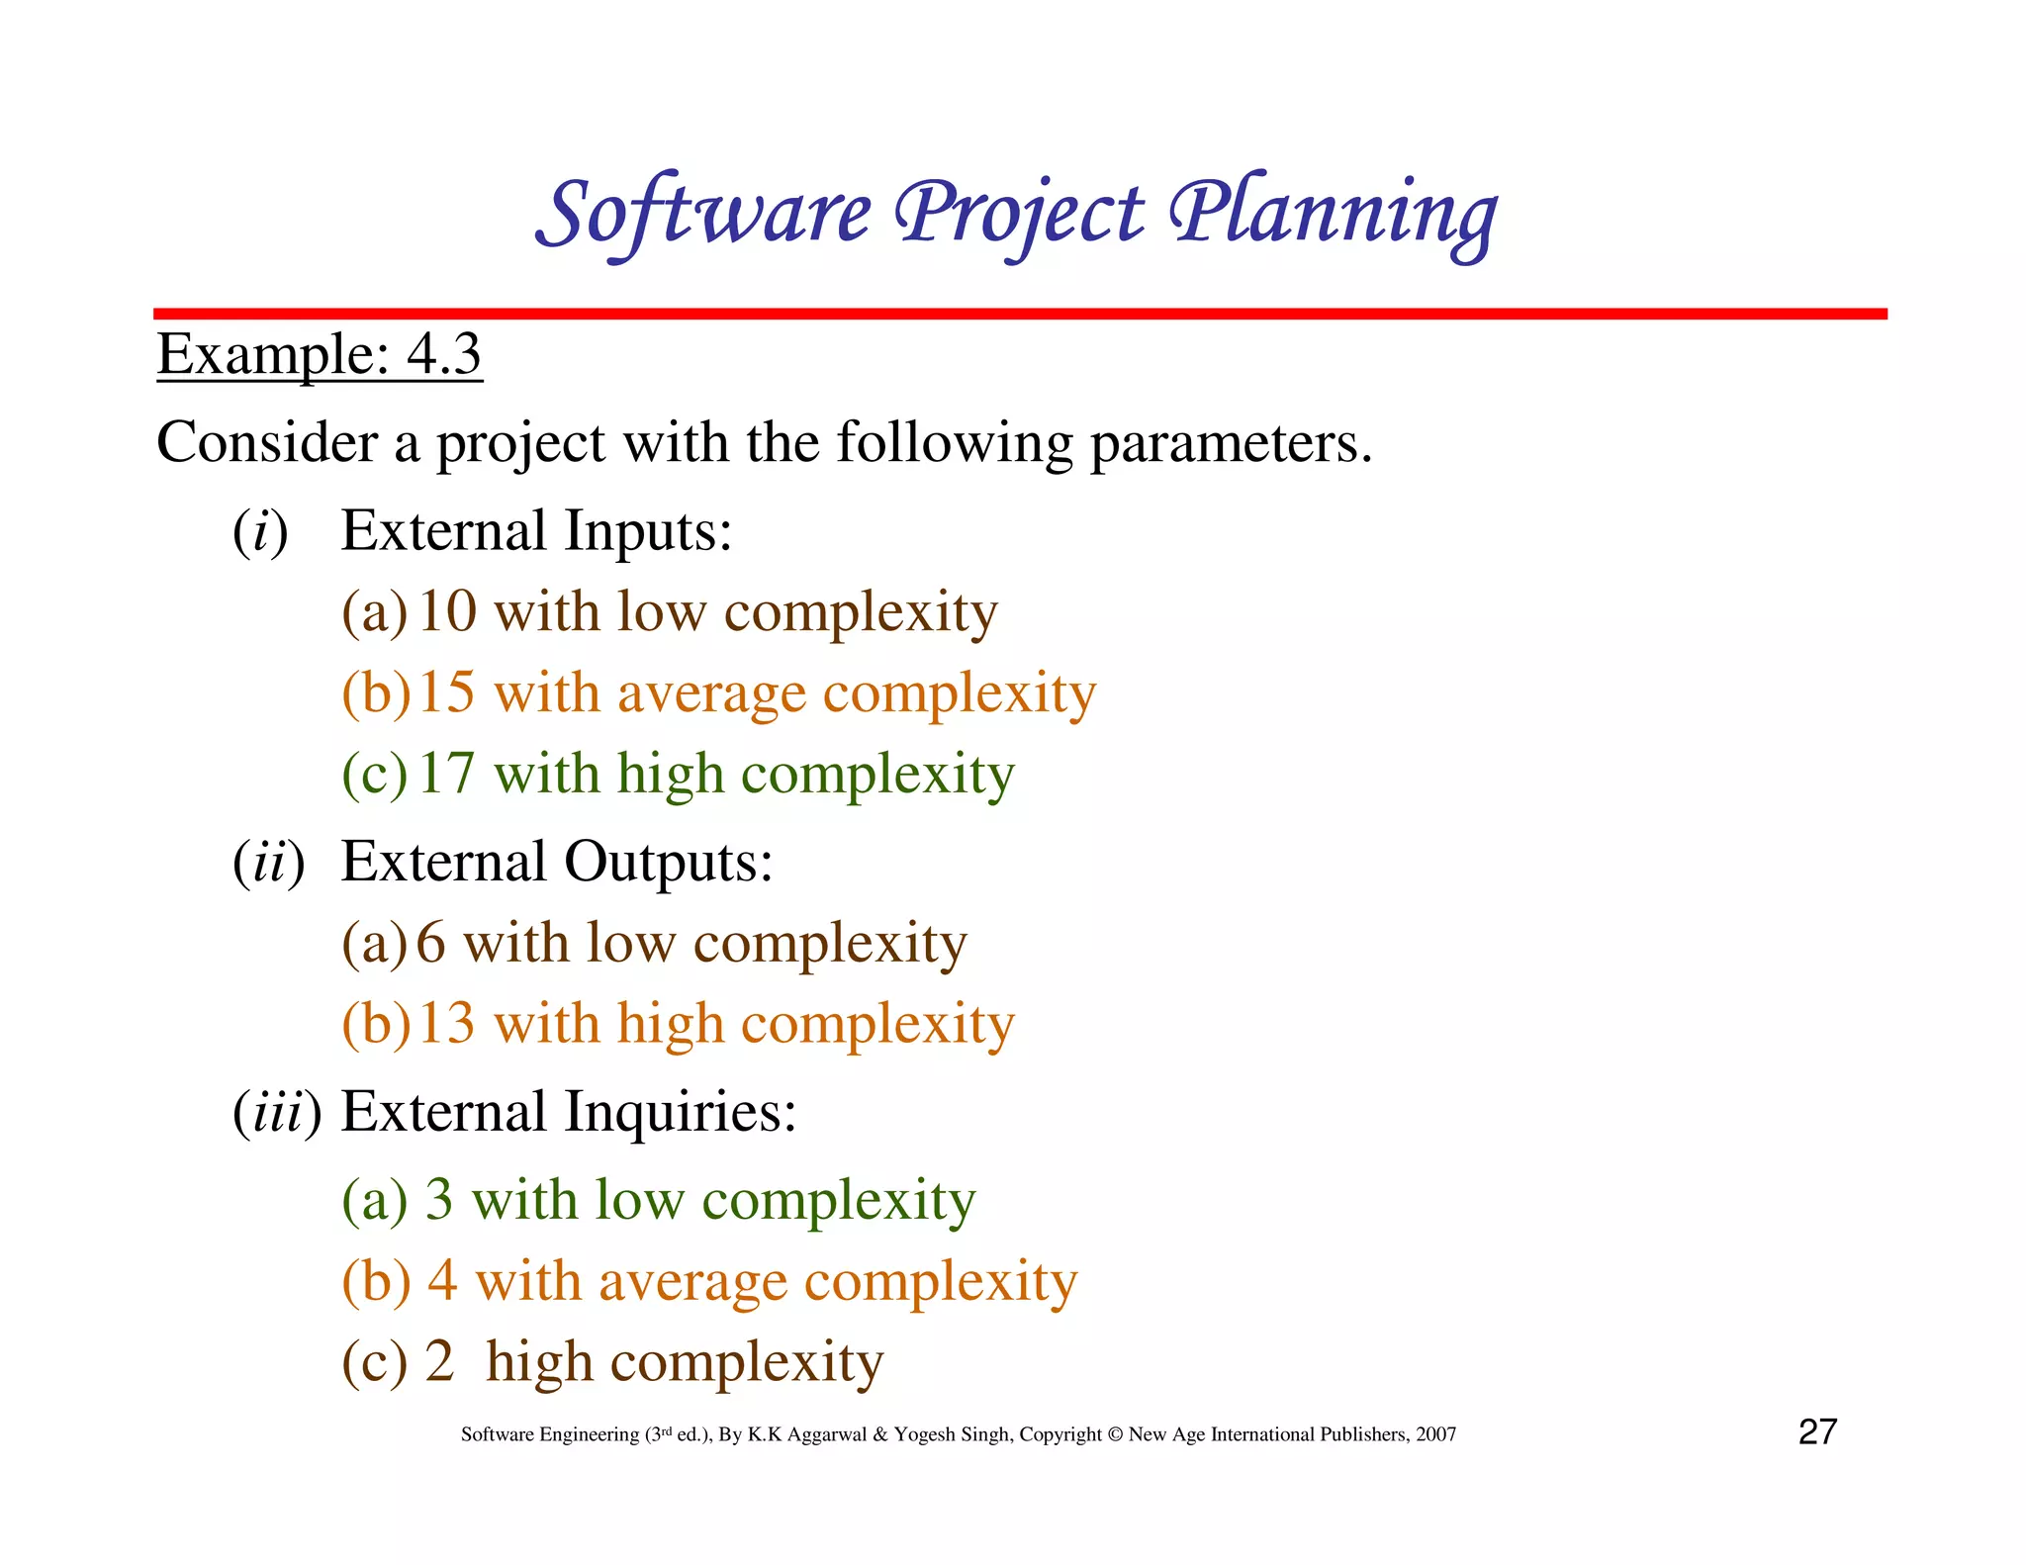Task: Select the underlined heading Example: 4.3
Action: click(x=319, y=354)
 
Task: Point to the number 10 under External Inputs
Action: click(x=447, y=611)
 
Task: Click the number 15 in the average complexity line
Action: click(x=446, y=692)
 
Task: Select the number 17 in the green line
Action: click(x=446, y=774)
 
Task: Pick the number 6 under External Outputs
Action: click(x=430, y=943)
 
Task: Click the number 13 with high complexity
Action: click(x=446, y=1024)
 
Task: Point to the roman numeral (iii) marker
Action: click(x=277, y=1113)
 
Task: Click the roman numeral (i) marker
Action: click(x=260, y=531)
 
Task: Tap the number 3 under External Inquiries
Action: click(x=439, y=1200)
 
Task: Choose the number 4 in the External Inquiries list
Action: click(x=442, y=1281)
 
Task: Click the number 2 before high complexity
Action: click(x=439, y=1362)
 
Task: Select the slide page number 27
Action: click(x=1817, y=1432)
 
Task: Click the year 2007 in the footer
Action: click(x=1435, y=1435)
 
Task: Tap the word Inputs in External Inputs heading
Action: click(x=648, y=531)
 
